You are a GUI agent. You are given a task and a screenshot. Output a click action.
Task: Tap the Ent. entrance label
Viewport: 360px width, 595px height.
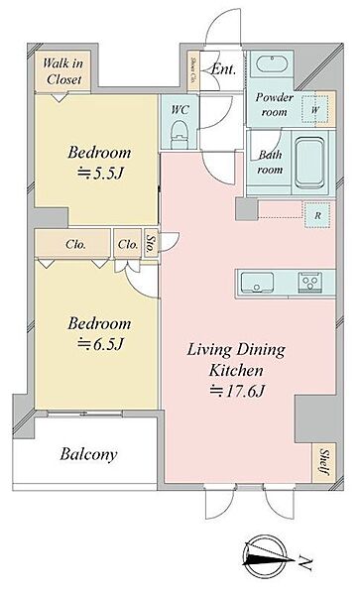click(x=224, y=68)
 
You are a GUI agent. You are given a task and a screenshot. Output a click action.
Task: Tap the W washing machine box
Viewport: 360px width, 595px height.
click(x=314, y=111)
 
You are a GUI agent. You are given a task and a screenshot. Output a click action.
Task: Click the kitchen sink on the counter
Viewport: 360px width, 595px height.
click(x=261, y=281)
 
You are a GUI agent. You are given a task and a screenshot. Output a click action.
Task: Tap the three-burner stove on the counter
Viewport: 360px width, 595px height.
click(x=307, y=281)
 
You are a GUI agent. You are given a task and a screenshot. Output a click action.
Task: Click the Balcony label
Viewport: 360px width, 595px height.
click(x=86, y=455)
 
